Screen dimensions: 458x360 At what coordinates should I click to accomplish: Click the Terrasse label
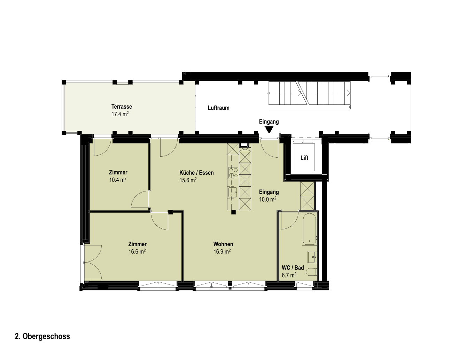(x=122, y=107)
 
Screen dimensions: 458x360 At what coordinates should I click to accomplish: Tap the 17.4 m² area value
(x=120, y=114)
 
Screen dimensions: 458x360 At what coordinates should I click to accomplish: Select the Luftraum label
(x=219, y=108)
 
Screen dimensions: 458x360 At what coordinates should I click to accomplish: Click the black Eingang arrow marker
(x=269, y=130)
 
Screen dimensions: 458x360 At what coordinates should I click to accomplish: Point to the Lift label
(x=304, y=158)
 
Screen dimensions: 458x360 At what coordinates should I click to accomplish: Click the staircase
(x=309, y=95)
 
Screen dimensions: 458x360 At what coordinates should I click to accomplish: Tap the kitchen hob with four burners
(x=233, y=173)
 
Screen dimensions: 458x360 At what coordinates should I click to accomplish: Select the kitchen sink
(x=233, y=192)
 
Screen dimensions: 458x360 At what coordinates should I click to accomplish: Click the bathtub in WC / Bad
(x=309, y=229)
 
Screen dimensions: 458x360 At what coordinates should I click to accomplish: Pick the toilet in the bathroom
(x=312, y=272)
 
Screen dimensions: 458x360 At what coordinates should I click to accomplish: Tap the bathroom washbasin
(x=312, y=257)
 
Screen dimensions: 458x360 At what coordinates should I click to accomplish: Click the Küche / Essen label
(x=196, y=173)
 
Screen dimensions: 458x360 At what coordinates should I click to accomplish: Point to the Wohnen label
(x=223, y=244)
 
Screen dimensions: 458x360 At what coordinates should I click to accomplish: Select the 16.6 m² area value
(x=137, y=252)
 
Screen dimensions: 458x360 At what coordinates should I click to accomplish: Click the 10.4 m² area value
(x=118, y=180)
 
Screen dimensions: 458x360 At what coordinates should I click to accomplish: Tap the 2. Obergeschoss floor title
(x=42, y=336)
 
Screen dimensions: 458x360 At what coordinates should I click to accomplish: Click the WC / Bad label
(x=293, y=268)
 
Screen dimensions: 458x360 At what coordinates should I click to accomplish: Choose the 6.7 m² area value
(x=289, y=275)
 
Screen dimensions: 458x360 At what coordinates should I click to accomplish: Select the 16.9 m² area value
(x=222, y=252)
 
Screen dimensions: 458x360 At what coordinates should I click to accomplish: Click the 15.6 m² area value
(x=188, y=180)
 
